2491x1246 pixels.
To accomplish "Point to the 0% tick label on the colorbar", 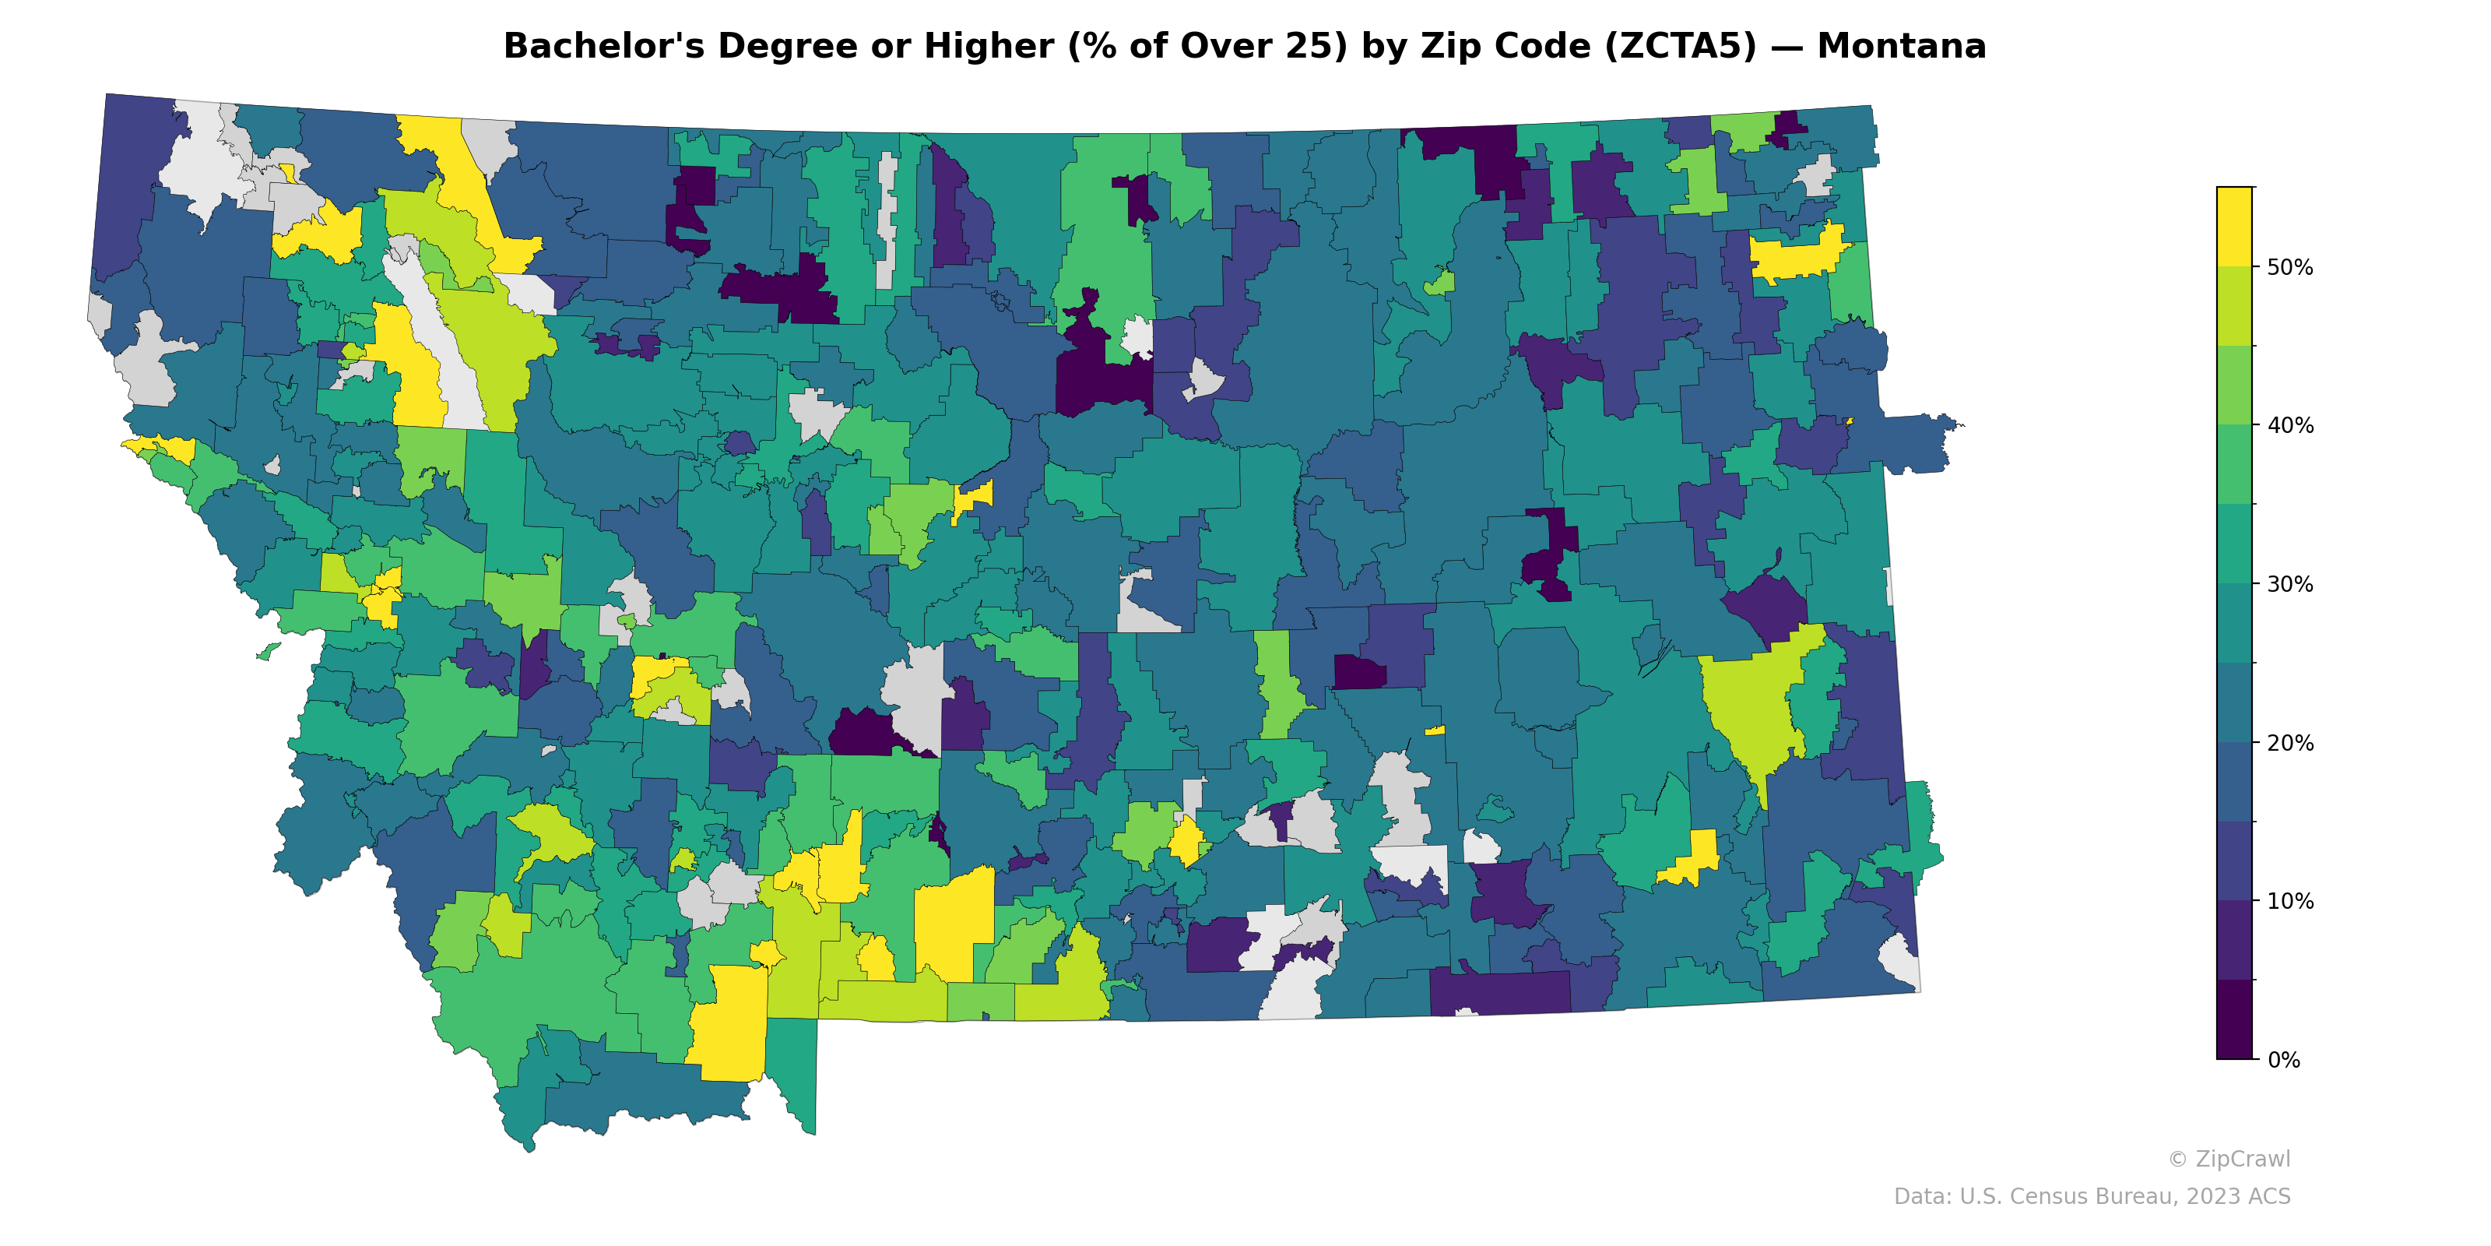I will pyautogui.click(x=2284, y=1060).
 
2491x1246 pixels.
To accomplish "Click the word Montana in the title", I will pyautogui.click(x=1901, y=47).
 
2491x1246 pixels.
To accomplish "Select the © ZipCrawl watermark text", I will pyautogui.click(x=2229, y=1159).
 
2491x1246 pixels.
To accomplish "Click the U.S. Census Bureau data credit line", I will pyautogui.click(x=2092, y=1197).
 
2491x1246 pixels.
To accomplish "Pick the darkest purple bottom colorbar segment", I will pyautogui.click(x=2235, y=1021).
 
